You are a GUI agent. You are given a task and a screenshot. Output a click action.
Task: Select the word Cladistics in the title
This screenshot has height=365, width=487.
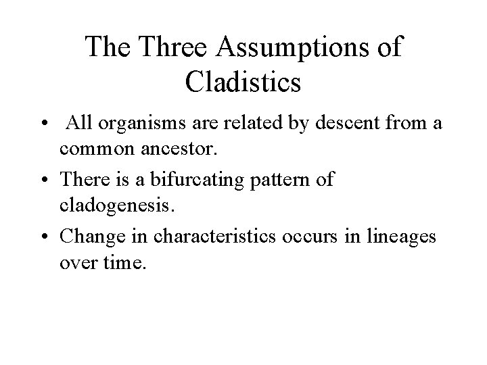(242, 82)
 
